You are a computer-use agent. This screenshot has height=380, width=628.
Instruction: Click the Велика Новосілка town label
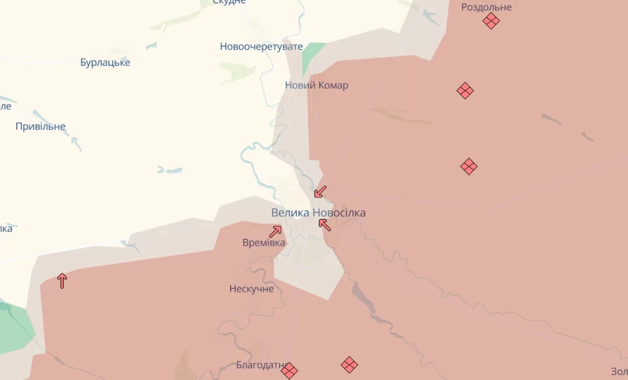318,213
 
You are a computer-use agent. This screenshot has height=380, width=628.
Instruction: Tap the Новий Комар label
316,85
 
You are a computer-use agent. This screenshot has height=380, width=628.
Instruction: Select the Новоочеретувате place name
261,47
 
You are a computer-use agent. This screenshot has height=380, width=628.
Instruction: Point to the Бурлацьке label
105,62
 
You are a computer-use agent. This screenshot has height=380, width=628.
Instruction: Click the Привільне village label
41,126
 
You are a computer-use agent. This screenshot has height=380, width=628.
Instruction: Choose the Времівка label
264,243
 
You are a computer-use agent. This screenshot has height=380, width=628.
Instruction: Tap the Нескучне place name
251,288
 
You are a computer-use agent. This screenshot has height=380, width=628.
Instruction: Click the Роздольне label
486,7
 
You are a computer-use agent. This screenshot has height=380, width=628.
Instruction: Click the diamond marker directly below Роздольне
491,21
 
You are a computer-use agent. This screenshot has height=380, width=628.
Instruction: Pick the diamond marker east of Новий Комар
465,91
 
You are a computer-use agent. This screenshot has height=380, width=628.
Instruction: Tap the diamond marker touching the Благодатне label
289,370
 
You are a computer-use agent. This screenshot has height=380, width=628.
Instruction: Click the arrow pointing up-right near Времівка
276,231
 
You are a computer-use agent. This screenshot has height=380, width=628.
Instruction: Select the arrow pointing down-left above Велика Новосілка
320,191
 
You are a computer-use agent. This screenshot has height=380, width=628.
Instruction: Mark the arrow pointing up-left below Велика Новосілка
325,225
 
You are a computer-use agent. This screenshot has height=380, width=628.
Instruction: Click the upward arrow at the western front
62,280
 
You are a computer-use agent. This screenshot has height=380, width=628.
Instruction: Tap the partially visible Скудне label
229,2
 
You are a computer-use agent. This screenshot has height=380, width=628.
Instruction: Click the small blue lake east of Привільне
170,170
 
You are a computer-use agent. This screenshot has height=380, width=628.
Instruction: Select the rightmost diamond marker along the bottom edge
349,365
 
